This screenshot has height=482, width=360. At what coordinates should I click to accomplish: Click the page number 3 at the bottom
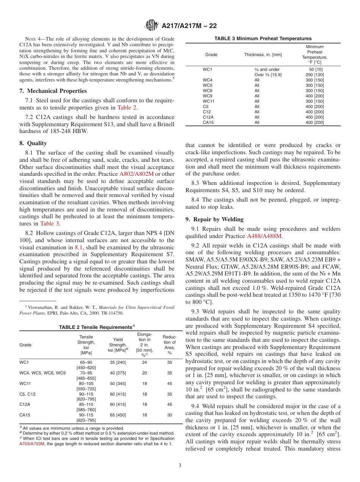(x=180, y=465)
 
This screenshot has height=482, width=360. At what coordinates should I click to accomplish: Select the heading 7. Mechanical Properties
(x=53, y=91)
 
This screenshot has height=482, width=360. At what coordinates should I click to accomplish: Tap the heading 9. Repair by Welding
(x=214, y=219)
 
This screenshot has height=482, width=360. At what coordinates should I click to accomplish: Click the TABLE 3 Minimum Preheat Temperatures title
(x=263, y=38)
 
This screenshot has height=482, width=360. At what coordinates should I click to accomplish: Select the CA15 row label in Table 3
(x=208, y=122)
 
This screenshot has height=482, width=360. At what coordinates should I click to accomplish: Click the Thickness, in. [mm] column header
(x=263, y=55)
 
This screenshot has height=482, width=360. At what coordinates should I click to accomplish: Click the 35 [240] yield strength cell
(x=118, y=362)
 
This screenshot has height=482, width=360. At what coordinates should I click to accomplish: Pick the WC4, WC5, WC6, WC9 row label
(x=42, y=373)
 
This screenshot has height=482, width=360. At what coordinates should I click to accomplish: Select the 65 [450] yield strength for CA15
(x=118, y=415)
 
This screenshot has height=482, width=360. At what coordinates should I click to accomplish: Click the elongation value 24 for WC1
(x=144, y=362)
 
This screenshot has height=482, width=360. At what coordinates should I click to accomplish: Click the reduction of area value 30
(x=169, y=415)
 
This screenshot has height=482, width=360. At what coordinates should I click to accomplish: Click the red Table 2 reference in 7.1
(x=127, y=108)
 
